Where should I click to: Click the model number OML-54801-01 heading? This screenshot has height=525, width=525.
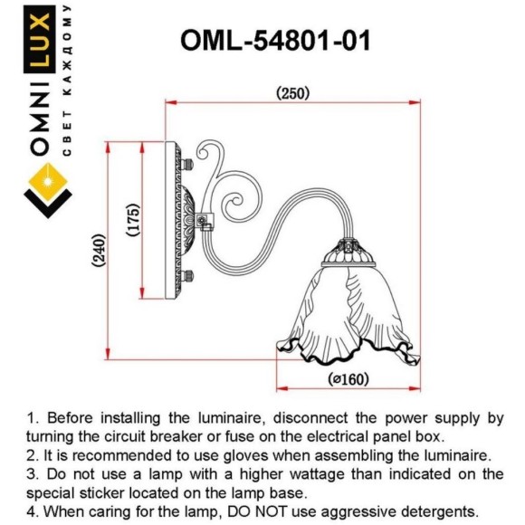[x=275, y=40]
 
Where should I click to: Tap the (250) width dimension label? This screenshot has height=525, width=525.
[x=292, y=93]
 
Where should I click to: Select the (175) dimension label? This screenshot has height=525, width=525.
[x=133, y=219]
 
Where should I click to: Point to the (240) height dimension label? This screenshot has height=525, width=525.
[x=100, y=250]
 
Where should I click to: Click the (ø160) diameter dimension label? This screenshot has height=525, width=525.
[x=348, y=379]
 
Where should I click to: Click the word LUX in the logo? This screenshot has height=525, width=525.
[x=39, y=40]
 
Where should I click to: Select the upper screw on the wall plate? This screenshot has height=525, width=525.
[x=187, y=164]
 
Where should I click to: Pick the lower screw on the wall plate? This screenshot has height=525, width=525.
[x=187, y=275]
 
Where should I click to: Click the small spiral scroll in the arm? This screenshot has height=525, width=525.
[x=233, y=203]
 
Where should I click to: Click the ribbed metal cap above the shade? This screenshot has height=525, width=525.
[x=348, y=253]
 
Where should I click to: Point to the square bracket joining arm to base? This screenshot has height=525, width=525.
[x=205, y=222]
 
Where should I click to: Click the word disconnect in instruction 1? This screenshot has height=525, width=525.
[x=310, y=418]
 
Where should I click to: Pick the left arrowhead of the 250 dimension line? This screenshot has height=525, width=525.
[x=171, y=101]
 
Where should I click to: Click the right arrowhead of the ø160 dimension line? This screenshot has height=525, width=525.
[x=415, y=388]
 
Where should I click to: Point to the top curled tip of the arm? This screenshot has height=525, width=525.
[x=201, y=153]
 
